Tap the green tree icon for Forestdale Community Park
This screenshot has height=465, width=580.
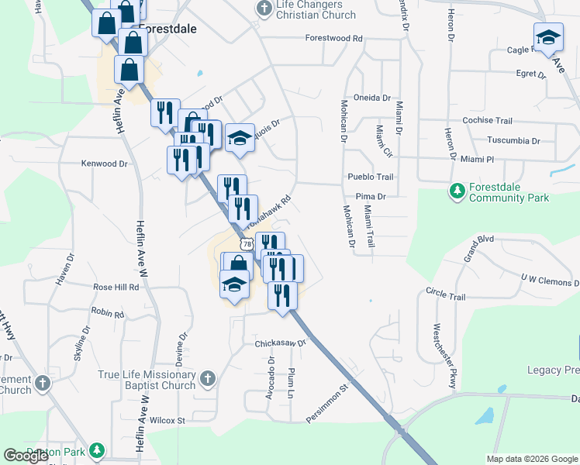457,190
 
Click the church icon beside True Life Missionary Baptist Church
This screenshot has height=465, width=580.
206,379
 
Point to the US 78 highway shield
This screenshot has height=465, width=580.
247,244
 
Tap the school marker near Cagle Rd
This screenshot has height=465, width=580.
548,38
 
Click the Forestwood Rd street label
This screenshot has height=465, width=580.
333,38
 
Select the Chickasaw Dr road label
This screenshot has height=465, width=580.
281,342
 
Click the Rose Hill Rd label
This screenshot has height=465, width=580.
116,287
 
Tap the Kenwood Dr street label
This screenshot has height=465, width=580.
104,164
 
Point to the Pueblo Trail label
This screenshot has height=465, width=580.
370,177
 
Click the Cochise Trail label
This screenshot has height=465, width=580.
487,121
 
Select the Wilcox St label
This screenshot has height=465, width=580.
168,421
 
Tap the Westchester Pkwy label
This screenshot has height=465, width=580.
447,356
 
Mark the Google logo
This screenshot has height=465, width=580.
26,456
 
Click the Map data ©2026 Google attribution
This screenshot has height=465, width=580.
532,459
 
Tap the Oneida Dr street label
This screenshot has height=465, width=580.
372,98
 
